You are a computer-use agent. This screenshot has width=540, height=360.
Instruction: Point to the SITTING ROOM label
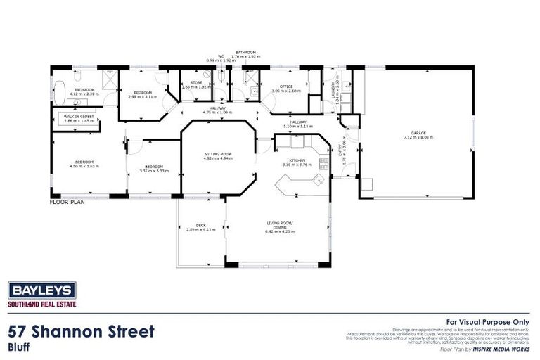(x=218, y=154)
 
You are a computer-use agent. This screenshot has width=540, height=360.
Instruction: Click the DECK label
(x=200, y=226)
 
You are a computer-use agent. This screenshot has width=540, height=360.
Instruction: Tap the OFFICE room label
(x=285, y=87)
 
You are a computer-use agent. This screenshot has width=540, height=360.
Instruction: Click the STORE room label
(x=196, y=83)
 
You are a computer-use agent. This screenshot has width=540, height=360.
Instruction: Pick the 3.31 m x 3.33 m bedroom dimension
(x=151, y=170)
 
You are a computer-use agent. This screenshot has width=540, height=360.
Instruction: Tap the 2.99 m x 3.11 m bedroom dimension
(x=143, y=97)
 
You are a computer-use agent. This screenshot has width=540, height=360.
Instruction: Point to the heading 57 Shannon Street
(x=81, y=330)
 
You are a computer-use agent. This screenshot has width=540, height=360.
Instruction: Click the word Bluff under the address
(x=18, y=347)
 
